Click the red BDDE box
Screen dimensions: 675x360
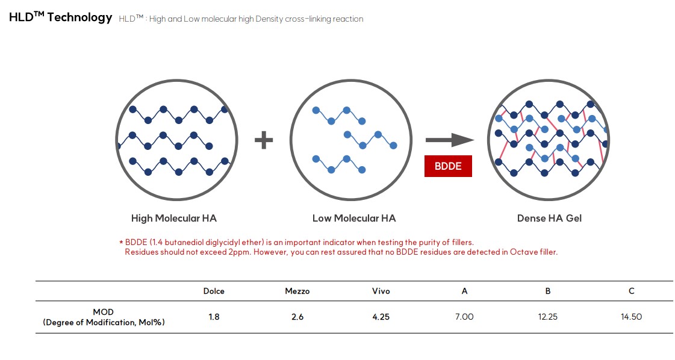pyautogui.click(x=448, y=166)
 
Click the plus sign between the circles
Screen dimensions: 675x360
pyautogui.click(x=264, y=140)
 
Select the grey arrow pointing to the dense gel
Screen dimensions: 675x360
pyautogui.click(x=450, y=140)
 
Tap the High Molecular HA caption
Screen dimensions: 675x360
pyautogui.click(x=174, y=219)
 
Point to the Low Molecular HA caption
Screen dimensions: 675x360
pyautogui.click(x=354, y=219)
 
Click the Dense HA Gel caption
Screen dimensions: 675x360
pyautogui.click(x=549, y=219)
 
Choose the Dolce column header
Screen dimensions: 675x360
pyautogui.click(x=214, y=291)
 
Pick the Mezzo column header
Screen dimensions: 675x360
pyautogui.click(x=297, y=291)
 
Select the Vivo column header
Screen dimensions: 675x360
pyautogui.click(x=381, y=291)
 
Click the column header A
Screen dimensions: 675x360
pyautogui.click(x=464, y=291)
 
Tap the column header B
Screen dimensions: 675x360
pyautogui.click(x=548, y=291)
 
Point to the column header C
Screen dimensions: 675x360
pyautogui.click(x=632, y=291)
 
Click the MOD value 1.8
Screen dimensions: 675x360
pyautogui.click(x=214, y=317)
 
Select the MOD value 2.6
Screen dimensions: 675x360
pyautogui.click(x=297, y=317)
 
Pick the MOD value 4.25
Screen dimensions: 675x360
pyautogui.click(x=381, y=317)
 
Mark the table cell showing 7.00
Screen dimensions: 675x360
pyautogui.click(x=464, y=317)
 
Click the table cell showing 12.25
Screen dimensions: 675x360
pyautogui.click(x=548, y=317)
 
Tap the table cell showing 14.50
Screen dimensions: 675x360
pyautogui.click(x=632, y=317)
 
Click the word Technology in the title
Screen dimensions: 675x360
pyautogui.click(x=79, y=17)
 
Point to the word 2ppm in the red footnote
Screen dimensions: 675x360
pyautogui.click(x=239, y=252)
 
